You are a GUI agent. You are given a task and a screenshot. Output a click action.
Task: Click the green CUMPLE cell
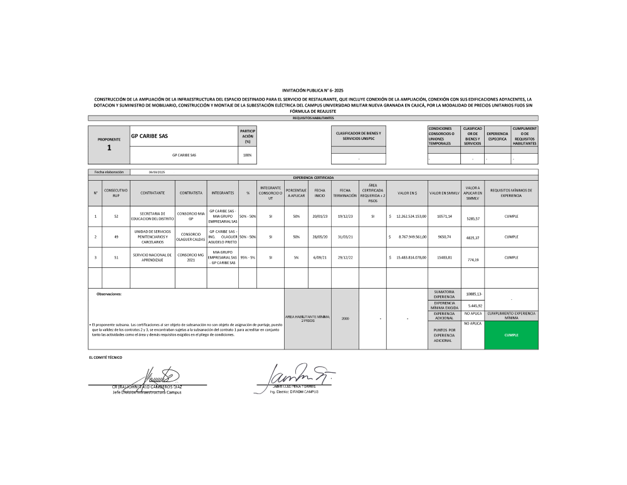pos(511,335)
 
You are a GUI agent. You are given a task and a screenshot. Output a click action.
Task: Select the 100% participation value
pos(247,155)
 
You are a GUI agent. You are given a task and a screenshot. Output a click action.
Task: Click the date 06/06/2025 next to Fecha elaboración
pos(157,172)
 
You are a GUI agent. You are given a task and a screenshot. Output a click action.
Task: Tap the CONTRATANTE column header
pos(152,193)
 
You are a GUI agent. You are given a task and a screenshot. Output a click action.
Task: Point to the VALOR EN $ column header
pos(407,193)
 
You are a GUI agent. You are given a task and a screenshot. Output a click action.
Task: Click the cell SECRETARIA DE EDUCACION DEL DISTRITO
pos(152,216)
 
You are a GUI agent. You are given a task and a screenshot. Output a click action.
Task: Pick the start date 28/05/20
pos(320,237)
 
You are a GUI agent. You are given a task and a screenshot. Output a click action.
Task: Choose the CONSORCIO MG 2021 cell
pos(191,257)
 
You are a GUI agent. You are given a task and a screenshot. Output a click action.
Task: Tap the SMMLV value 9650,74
pos(444,237)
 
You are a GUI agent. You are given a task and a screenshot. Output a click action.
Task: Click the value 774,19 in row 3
pos(473,260)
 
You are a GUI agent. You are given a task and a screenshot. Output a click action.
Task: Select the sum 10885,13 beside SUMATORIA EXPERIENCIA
pos(473,294)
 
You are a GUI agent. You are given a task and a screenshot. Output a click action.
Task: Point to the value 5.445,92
pos(473,306)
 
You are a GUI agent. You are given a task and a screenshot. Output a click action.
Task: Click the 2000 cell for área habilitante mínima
pos(345,319)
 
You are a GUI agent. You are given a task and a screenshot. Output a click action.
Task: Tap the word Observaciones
pos(109,294)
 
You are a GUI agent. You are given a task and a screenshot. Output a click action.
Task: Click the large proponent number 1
pos(108,148)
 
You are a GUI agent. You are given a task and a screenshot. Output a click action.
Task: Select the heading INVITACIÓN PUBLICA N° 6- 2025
pos(313,90)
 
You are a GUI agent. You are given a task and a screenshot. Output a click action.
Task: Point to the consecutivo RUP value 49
pos(116,237)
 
